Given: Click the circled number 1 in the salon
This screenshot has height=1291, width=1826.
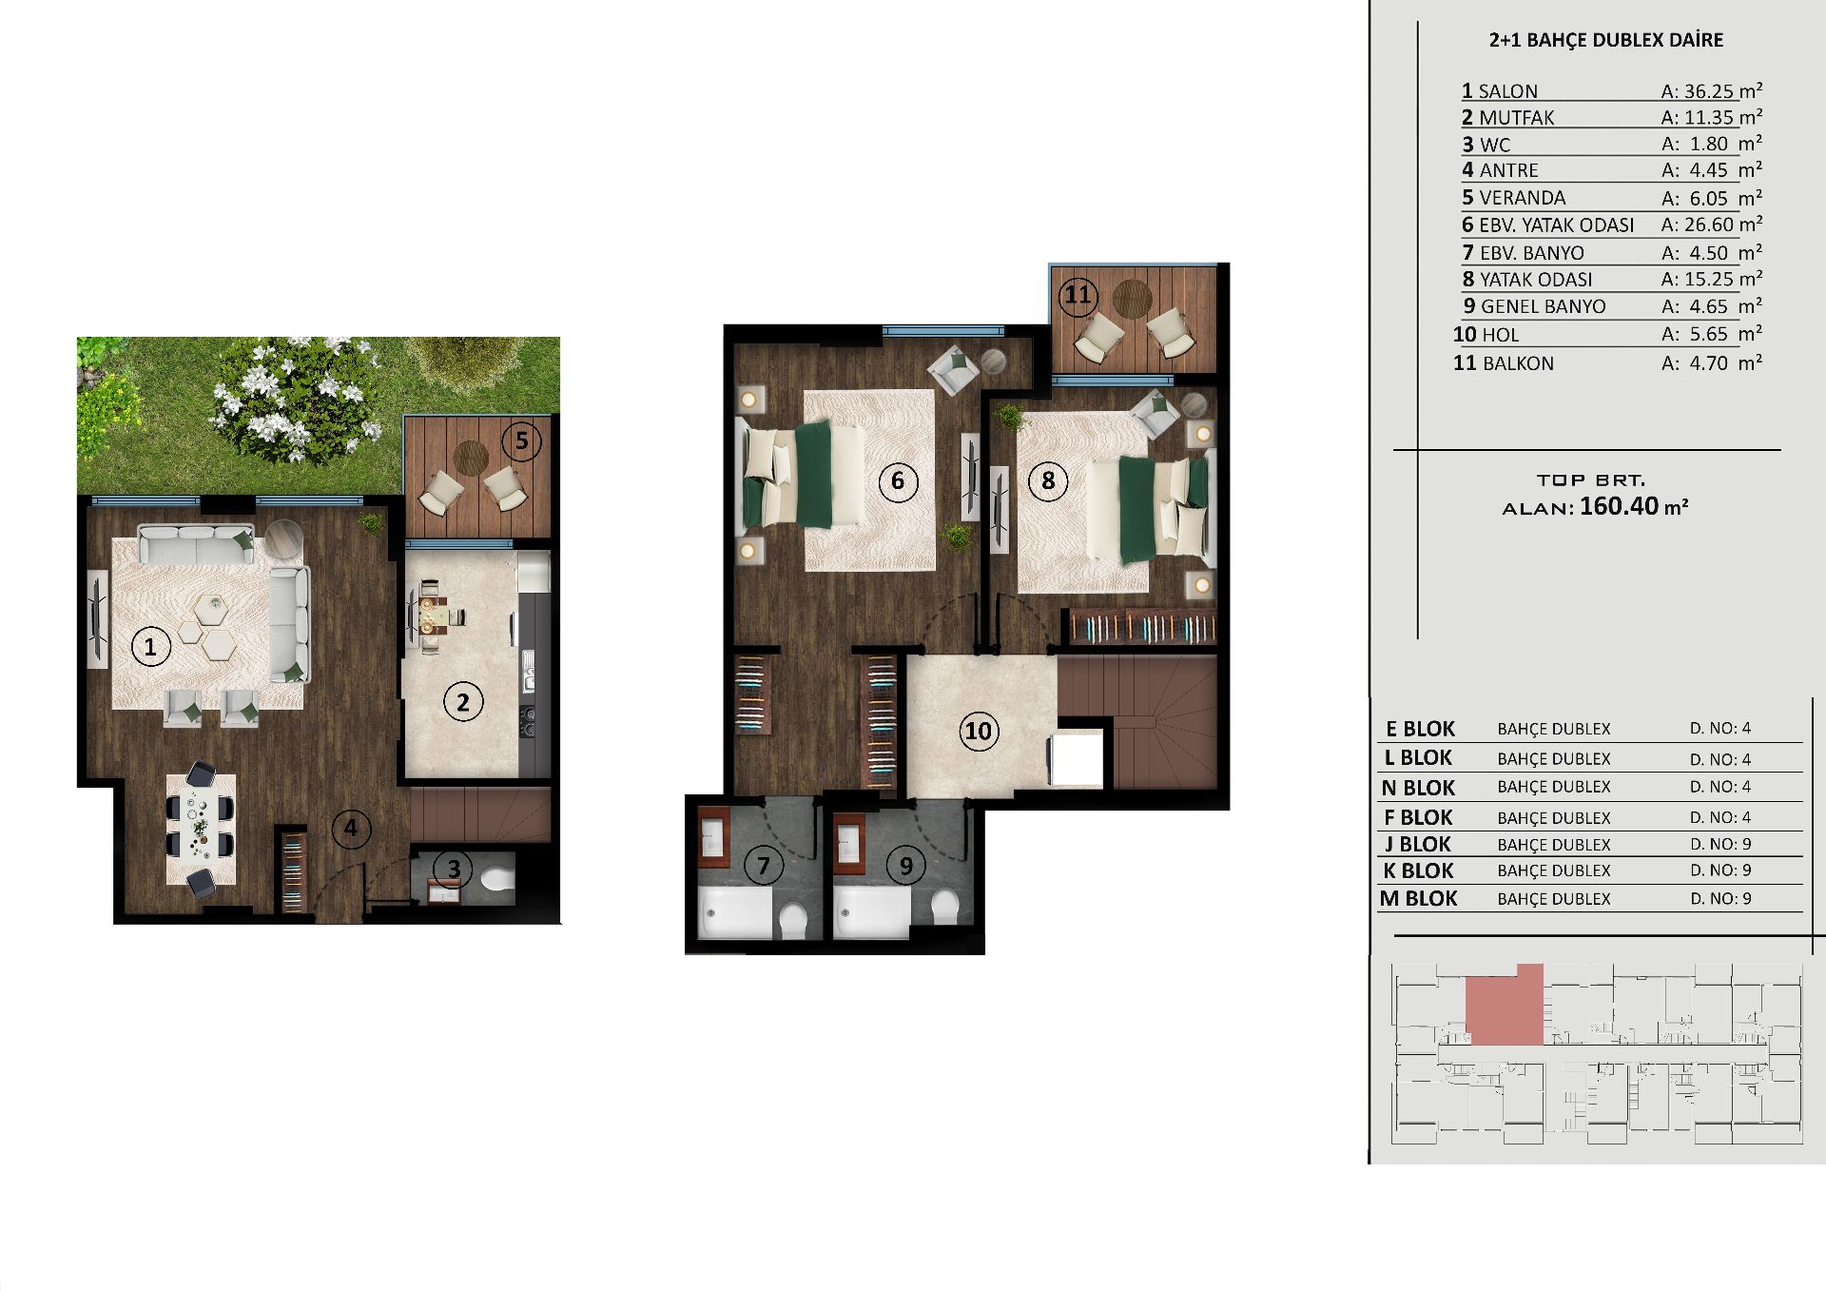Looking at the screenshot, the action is (150, 648).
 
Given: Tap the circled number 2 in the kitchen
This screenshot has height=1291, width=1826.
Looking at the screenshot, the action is (463, 702).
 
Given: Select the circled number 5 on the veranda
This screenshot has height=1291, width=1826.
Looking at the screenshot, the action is (521, 440).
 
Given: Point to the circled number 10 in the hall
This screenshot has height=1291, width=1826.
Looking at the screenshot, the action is (979, 732).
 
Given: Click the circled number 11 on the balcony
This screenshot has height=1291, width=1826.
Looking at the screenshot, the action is (1078, 295).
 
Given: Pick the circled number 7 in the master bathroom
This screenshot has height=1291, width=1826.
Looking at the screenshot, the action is (764, 865).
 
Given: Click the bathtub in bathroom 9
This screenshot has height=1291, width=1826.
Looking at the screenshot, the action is (871, 914).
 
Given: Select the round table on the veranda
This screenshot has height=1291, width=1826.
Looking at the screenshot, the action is (470, 458).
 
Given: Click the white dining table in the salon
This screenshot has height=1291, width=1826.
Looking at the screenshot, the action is (201, 829).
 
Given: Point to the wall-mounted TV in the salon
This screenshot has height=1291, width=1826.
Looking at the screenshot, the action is (96, 618).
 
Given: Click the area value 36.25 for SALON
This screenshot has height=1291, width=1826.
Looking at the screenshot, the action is (1709, 91).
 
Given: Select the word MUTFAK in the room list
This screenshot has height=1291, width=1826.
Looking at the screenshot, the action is (1517, 118).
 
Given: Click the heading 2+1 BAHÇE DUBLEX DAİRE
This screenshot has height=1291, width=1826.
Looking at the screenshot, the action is (1606, 40).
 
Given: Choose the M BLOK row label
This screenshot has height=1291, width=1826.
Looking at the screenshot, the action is (1419, 898).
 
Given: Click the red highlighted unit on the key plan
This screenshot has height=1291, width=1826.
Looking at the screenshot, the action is (1504, 1005).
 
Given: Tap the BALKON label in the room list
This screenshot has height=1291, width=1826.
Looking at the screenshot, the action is (1519, 363).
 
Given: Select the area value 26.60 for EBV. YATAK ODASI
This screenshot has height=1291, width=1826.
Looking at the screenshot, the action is (1709, 225).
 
